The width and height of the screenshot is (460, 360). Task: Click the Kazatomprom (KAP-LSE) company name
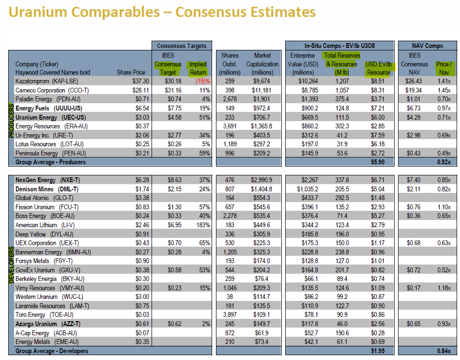pos(46,81)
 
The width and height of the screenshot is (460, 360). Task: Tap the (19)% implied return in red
pos(201,81)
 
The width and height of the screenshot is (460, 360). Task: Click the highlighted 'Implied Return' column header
pos(198,68)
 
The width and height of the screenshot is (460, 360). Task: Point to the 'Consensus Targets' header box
pos(182,46)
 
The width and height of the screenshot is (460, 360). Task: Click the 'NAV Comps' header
pos(427,46)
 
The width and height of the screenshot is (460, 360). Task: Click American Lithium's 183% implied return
pos(203,225)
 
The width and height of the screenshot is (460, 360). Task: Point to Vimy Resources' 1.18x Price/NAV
pos(443,288)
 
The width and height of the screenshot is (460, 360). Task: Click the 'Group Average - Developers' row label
pos(52,351)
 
